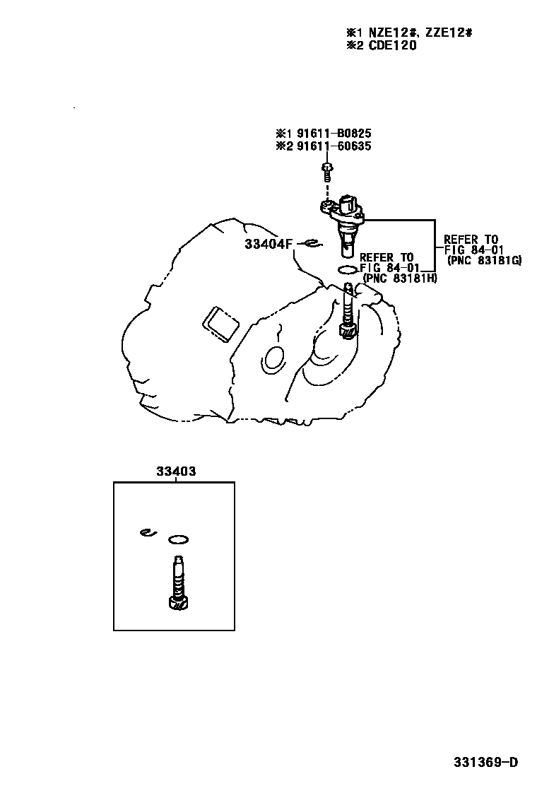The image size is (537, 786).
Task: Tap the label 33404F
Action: coord(268,245)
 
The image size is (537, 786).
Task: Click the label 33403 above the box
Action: coord(176,471)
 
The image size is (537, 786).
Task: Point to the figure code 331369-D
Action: coord(486,762)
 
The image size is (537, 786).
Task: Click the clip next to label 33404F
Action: coord(311,245)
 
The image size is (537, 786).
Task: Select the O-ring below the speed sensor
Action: coord(347,270)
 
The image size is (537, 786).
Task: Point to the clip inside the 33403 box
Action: coord(147,533)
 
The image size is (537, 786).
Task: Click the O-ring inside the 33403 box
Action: coord(179,540)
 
